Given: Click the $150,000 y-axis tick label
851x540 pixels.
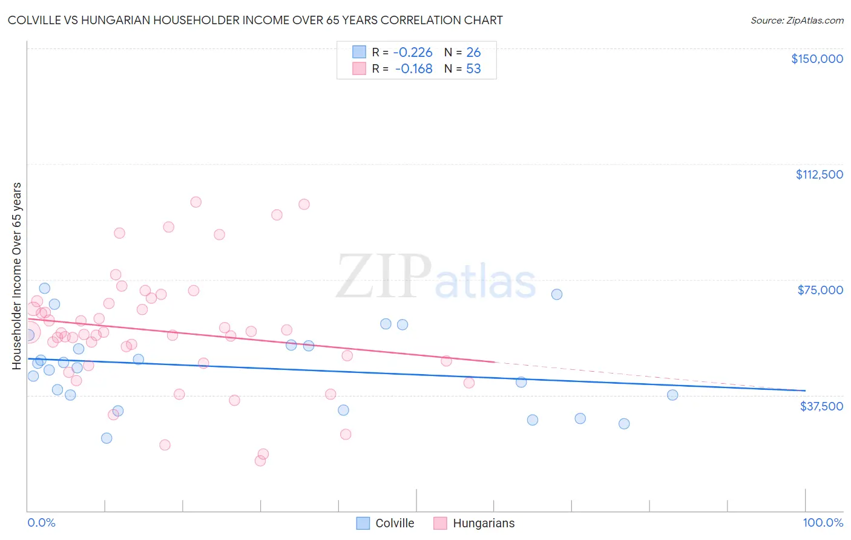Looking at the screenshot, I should [816, 59].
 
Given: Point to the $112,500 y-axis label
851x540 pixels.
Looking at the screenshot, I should [819, 174].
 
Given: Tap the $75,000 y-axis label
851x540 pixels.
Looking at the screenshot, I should [820, 290].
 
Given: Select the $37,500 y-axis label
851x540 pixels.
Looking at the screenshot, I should [821, 406].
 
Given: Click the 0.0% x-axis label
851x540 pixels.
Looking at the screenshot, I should [41, 522].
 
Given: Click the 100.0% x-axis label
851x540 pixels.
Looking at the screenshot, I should [823, 522].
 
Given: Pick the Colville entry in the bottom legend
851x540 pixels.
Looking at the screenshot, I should [386, 523].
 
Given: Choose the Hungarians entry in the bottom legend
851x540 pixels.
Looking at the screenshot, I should [475, 523].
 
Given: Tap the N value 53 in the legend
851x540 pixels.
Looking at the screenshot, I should [473, 69].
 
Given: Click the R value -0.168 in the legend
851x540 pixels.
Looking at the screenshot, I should [414, 69].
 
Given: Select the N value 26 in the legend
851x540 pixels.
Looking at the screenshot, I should [473, 53].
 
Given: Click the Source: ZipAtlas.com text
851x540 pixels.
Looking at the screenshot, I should [797, 21].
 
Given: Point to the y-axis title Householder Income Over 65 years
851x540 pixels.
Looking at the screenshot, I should [17, 275].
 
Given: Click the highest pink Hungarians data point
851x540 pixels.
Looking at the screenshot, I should [195, 202].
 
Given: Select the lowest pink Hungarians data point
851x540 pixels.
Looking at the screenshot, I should [260, 461].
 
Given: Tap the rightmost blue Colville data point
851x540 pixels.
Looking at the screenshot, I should [672, 395].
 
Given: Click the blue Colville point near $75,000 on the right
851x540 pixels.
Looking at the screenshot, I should [557, 294].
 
